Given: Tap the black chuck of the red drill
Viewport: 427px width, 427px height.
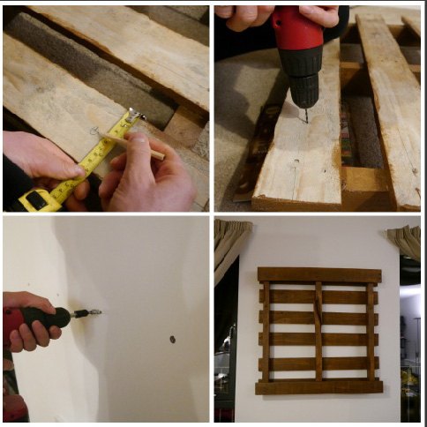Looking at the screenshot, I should [304, 88].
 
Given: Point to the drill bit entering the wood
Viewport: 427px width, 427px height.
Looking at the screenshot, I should [304, 114].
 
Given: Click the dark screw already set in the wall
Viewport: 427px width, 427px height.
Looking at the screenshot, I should [172, 339].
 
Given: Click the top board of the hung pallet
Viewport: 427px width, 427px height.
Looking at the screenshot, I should [319, 274].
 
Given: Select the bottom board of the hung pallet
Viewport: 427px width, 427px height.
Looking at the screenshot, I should [319, 386].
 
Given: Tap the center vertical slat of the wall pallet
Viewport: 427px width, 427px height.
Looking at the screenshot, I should [319, 331].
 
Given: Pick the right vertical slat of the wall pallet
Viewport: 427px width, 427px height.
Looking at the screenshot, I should [371, 331].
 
